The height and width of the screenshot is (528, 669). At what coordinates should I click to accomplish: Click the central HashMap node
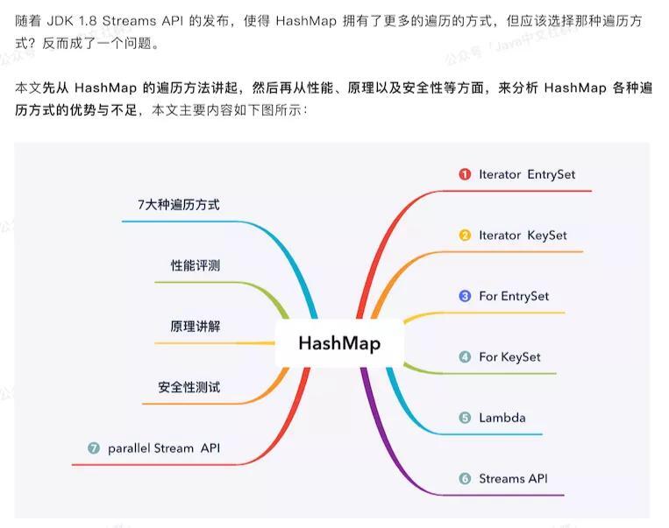click(339, 342)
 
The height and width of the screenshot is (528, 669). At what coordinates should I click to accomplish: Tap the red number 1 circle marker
click(465, 174)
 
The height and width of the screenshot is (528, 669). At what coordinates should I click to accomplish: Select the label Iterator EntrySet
click(527, 174)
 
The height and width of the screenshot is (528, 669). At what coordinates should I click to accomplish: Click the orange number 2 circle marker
click(465, 236)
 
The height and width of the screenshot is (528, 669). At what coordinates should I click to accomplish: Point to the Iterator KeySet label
click(523, 236)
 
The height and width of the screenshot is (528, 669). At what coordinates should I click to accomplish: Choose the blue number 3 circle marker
click(465, 296)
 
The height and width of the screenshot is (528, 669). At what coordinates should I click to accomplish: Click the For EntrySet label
click(514, 296)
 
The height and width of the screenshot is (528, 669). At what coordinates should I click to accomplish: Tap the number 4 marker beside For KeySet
click(465, 356)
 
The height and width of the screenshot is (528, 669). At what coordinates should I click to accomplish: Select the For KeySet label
click(509, 356)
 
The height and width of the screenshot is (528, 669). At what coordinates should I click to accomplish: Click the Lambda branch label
click(502, 418)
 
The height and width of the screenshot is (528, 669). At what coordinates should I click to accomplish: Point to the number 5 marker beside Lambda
click(465, 418)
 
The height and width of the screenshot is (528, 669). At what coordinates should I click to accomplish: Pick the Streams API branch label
click(513, 478)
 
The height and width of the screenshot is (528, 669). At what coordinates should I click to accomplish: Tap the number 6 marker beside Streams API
click(465, 478)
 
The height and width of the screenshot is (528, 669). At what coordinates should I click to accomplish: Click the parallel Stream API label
click(164, 448)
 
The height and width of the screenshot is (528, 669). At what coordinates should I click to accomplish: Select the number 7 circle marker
click(94, 448)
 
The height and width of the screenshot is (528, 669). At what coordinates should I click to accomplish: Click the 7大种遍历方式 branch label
click(179, 205)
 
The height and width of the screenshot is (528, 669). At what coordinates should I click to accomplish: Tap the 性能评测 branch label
click(195, 265)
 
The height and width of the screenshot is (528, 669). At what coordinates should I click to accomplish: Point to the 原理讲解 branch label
click(195, 327)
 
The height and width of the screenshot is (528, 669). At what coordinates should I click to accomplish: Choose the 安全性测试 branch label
click(189, 387)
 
